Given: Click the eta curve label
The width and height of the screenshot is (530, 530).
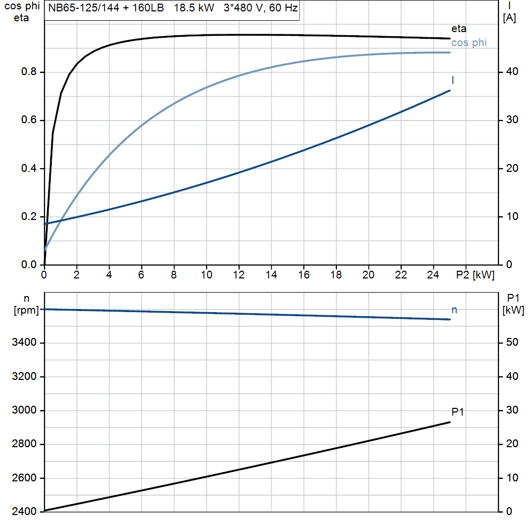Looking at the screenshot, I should pos(459,29).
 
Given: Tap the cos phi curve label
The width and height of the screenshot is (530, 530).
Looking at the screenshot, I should pos(469,43).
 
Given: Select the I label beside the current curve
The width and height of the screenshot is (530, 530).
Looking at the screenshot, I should pos(453,80).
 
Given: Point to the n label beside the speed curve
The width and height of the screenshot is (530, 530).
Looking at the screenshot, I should pos(454,310).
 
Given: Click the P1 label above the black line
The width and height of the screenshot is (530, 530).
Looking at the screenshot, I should pos(458,413).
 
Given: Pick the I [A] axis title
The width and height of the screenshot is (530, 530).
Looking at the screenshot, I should pos(509,12).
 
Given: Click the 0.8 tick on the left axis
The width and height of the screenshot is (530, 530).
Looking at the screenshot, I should pos(28,72).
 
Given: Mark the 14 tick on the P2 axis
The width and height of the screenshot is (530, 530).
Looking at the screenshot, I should pos(271,275).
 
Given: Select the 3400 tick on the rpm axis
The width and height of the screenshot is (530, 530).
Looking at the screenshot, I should pos(24,343).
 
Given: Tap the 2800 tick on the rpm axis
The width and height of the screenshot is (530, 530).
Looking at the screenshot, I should pos(24,444).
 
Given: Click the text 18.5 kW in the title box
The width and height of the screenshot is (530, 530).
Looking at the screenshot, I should pos(194,9).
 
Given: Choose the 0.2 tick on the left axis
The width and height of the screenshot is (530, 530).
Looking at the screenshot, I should pos(28,217).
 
